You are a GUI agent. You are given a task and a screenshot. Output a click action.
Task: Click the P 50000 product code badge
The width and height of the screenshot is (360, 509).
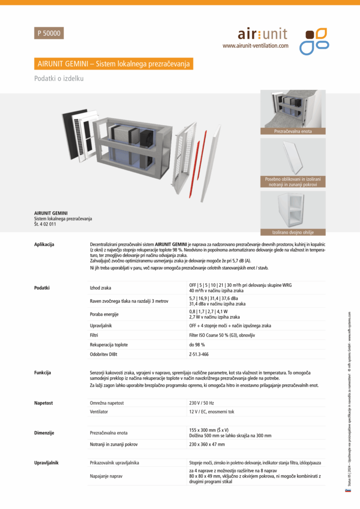click(49, 33)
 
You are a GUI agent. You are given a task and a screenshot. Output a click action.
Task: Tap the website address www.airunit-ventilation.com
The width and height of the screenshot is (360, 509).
click(255, 45)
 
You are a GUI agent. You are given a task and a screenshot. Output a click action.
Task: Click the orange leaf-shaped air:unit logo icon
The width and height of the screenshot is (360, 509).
click(314, 41)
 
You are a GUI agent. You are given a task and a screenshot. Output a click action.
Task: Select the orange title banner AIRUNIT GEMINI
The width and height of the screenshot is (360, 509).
click(113, 64)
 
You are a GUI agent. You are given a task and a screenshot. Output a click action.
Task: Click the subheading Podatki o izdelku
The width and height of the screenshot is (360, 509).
click(59, 79)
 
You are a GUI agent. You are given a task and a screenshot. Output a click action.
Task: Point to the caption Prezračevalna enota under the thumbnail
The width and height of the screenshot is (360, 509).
click(293, 131)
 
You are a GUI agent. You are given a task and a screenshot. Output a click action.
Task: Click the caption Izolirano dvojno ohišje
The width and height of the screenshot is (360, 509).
click(293, 232)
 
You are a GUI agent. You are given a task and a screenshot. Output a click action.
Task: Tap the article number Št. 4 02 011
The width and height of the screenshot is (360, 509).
click(45, 224)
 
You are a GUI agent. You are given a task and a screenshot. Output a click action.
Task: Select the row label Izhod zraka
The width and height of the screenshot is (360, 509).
click(100, 287)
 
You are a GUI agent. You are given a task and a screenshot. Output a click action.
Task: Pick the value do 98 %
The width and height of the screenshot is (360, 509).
click(198, 344)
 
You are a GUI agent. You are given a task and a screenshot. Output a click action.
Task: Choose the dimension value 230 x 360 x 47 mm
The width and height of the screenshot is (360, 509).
click(207, 444)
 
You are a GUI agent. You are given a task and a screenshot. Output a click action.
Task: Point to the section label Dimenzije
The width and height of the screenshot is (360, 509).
click(44, 433)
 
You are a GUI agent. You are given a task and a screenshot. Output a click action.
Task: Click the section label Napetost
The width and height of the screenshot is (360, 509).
click(44, 403)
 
